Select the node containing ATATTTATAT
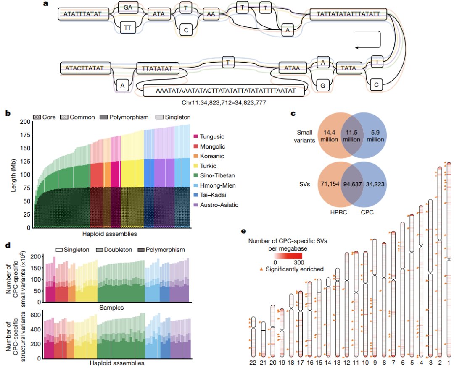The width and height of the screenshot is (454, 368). tap(82, 14)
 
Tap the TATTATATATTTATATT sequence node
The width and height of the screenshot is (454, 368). tap(348, 14)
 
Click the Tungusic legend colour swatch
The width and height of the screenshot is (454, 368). tap(195, 137)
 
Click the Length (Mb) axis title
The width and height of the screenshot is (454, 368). tap(13, 175)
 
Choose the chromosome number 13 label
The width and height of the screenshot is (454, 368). tap(337, 361)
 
